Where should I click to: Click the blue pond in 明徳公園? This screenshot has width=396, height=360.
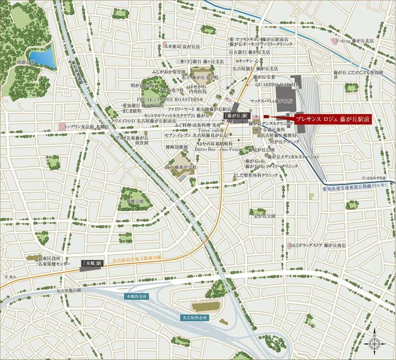coord(43,57)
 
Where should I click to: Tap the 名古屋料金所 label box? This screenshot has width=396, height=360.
coord(195,318)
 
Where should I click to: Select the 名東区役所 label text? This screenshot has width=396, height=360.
coord(49,258)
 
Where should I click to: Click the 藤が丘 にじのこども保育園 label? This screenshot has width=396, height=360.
coord(358,72)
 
